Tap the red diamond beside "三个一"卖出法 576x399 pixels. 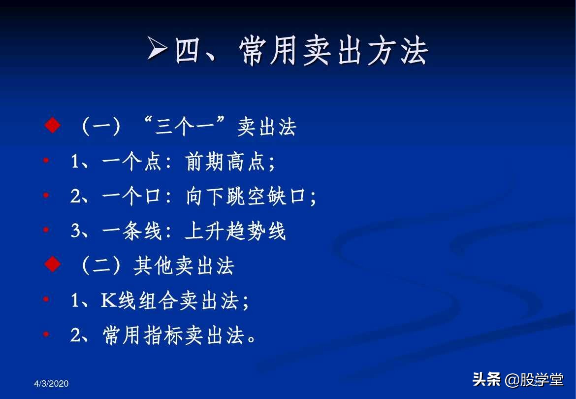pyautogui.click(x=52, y=126)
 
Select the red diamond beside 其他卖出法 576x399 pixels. pyautogui.click(x=52, y=265)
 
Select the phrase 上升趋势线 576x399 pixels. pyautogui.click(x=235, y=231)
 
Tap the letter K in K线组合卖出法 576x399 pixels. pyautogui.click(x=108, y=300)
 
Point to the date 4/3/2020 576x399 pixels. pyautogui.click(x=52, y=384)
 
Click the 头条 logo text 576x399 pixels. pyautogui.click(x=486, y=379)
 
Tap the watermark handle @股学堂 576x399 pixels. pyautogui.click(x=535, y=380)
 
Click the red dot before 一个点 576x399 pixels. pyautogui.click(x=46, y=161)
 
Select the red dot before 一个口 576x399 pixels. pyautogui.click(x=46, y=196)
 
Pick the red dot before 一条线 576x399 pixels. pyautogui.click(x=46, y=230)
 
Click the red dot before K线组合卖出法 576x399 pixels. pyautogui.click(x=46, y=299)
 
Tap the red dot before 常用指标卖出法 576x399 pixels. pyautogui.click(x=46, y=334)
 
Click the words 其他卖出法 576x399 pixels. pyautogui.click(x=184, y=266)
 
